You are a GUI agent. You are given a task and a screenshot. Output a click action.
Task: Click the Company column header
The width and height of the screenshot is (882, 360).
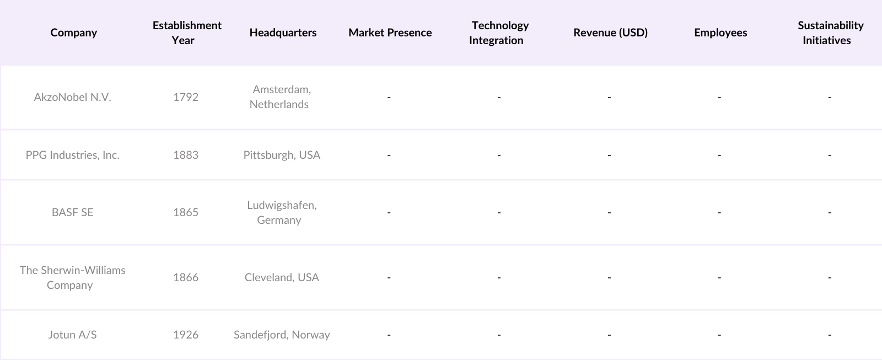coord(73,33)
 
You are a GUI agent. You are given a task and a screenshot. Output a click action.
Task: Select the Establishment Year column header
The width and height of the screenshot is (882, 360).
coord(186,33)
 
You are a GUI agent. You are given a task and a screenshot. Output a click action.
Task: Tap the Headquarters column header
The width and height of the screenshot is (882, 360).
coord(283,33)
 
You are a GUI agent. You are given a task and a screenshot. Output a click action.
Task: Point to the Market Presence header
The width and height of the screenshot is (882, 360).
coord(390,33)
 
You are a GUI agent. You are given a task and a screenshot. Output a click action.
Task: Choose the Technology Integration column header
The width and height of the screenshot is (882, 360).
coord(499,33)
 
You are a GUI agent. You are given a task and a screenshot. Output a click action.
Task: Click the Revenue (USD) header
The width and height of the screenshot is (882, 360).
coord(610,33)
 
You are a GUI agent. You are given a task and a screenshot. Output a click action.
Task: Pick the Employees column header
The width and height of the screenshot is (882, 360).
coord(720,33)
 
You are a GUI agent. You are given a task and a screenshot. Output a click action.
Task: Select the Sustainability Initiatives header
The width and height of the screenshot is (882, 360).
coord(830,33)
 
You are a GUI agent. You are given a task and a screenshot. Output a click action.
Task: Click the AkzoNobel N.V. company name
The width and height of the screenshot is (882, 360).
coord(73,97)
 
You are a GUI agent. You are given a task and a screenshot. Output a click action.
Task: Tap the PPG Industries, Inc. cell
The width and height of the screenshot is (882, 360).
coord(73,155)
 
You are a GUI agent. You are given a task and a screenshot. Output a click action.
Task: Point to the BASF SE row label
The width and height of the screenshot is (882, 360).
coord(73,212)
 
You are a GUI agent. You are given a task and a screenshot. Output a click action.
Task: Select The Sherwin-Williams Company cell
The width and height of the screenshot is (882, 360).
coord(72,277)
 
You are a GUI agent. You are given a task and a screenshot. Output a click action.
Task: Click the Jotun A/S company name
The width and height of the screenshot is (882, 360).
coord(72,335)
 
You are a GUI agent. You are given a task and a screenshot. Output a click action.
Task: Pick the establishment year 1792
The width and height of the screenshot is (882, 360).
coord(186,97)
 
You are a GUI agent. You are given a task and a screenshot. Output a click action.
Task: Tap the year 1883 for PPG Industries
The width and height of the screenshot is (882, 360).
coord(186,155)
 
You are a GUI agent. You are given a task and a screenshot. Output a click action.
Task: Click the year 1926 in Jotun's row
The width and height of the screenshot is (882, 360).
coord(186,335)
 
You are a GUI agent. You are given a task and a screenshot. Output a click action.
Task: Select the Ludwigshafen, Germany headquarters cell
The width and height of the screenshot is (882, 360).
coord(281,212)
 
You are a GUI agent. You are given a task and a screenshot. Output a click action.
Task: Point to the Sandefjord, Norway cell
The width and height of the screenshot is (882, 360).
coord(282,335)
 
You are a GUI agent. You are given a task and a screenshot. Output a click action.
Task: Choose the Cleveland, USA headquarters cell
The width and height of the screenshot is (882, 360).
coord(282,277)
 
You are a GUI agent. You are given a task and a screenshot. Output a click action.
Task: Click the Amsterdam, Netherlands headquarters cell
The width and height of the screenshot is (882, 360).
coord(281,96)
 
